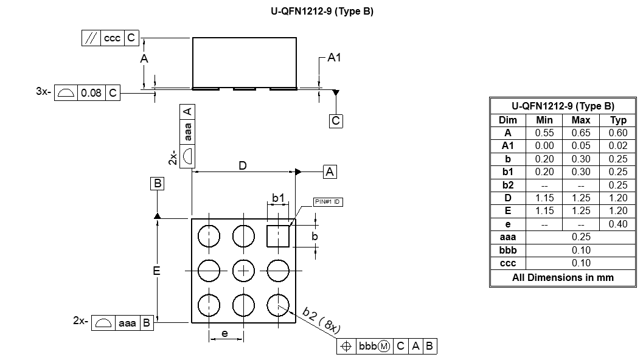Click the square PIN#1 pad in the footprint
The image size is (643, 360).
[278, 235]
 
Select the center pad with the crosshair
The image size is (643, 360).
[243, 270]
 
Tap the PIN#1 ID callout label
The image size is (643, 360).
[327, 202]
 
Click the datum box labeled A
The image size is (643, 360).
[330, 172]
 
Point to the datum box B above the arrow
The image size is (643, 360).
[157, 184]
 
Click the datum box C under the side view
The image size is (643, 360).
[336, 121]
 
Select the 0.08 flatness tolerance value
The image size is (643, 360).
[91, 93]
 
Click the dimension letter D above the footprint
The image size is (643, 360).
[243, 165]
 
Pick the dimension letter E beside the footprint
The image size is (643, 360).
[156, 271]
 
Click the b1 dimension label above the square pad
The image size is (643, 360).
[278, 198]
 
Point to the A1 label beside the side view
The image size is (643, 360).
[334, 58]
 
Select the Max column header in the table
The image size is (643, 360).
[581, 120]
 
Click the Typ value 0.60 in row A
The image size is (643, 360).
[617, 133]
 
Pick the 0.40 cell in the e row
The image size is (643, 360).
[617, 224]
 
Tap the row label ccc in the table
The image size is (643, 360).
[507, 263]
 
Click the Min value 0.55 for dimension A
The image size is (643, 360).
[544, 133]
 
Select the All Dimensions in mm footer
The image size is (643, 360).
[563, 277]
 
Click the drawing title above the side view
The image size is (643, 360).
[322, 12]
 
